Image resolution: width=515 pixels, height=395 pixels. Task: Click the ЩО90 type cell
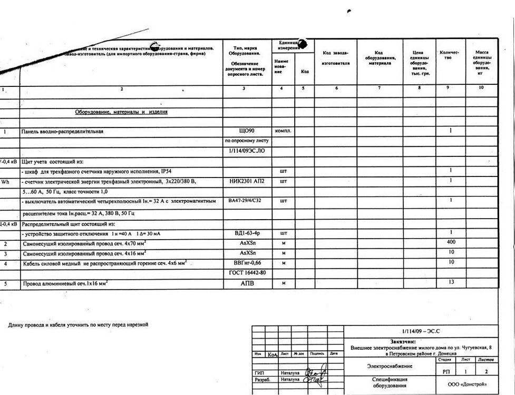click(x=247, y=131)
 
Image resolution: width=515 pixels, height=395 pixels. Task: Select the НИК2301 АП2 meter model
click(x=247, y=181)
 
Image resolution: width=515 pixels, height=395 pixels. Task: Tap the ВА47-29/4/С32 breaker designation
click(x=247, y=201)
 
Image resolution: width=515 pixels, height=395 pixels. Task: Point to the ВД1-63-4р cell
click(x=247, y=233)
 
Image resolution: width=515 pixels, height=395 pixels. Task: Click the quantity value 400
click(x=451, y=242)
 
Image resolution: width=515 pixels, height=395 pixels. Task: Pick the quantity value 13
click(x=451, y=282)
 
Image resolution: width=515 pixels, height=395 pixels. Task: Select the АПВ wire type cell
click(x=247, y=284)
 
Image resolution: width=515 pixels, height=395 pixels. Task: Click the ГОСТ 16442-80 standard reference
click(x=247, y=273)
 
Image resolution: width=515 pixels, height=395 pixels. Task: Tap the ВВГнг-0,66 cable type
click(x=247, y=262)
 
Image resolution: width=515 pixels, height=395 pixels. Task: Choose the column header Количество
click(x=449, y=55)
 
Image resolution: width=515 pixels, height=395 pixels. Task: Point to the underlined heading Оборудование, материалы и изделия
click(x=121, y=112)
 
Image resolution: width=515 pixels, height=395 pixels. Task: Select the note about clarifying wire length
click(x=78, y=325)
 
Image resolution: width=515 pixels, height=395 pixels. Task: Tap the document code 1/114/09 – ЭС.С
click(x=420, y=331)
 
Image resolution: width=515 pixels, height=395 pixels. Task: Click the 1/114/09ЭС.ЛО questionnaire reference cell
click(x=247, y=151)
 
